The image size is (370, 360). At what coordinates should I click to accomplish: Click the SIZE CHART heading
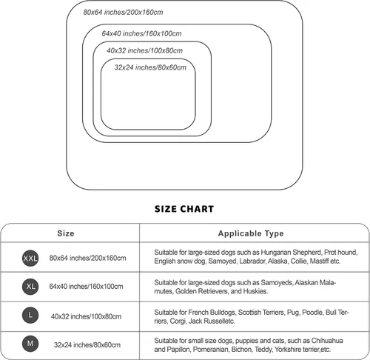(x=184, y=209)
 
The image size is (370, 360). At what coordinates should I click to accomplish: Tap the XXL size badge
(x=30, y=259)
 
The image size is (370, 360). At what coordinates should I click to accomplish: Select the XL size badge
(x=30, y=287)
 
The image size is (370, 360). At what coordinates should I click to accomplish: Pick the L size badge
(x=30, y=315)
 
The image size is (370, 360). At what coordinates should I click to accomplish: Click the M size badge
(x=30, y=344)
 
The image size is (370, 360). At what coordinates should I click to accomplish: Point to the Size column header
(x=66, y=233)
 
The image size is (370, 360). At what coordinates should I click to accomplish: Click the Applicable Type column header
(x=251, y=233)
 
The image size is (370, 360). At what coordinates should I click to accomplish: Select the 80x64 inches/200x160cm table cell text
(x=87, y=258)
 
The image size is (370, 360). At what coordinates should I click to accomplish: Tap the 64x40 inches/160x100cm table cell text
(x=86, y=287)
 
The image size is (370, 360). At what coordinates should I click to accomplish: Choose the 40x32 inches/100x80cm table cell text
(x=86, y=316)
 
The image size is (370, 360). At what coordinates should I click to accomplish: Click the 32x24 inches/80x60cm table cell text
(x=87, y=344)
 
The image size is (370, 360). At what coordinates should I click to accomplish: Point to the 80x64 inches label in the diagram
(x=123, y=12)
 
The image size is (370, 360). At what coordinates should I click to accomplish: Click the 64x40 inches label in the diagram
(x=141, y=33)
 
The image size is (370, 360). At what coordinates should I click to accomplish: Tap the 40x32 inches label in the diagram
(x=144, y=50)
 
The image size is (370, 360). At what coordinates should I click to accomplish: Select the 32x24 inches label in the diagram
(x=150, y=67)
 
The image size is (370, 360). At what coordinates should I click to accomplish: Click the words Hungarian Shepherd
(x=291, y=253)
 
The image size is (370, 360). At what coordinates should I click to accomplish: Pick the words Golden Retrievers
(x=202, y=291)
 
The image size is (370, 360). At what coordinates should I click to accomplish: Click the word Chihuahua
(x=327, y=341)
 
